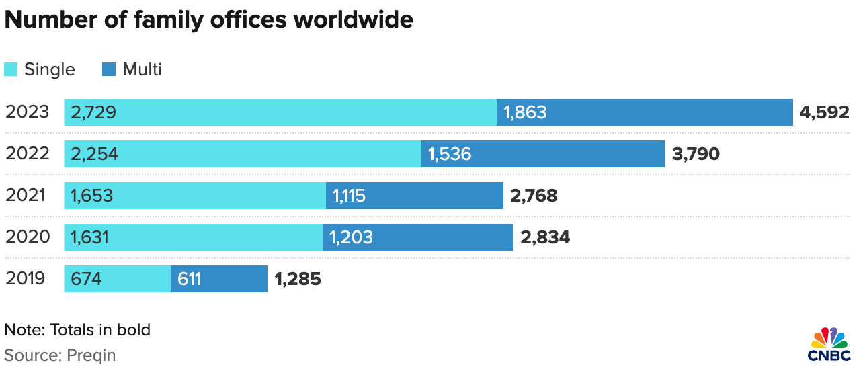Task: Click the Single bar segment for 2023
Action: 280,112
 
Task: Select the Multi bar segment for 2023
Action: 645,112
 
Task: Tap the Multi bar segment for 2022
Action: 543,154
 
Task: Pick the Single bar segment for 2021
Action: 195,196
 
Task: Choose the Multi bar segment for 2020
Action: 418,237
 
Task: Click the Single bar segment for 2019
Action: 118,279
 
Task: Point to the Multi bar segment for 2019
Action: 219,279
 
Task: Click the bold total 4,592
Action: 825,112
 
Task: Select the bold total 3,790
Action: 696,154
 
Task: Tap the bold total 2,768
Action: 534,196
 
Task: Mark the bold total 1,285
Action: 298,279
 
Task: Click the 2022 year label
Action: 28,154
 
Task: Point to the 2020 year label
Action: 28,237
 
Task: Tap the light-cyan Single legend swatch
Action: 11,69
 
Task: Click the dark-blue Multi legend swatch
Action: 109,69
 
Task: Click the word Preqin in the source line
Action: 91,355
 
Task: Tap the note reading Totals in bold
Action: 99,330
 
